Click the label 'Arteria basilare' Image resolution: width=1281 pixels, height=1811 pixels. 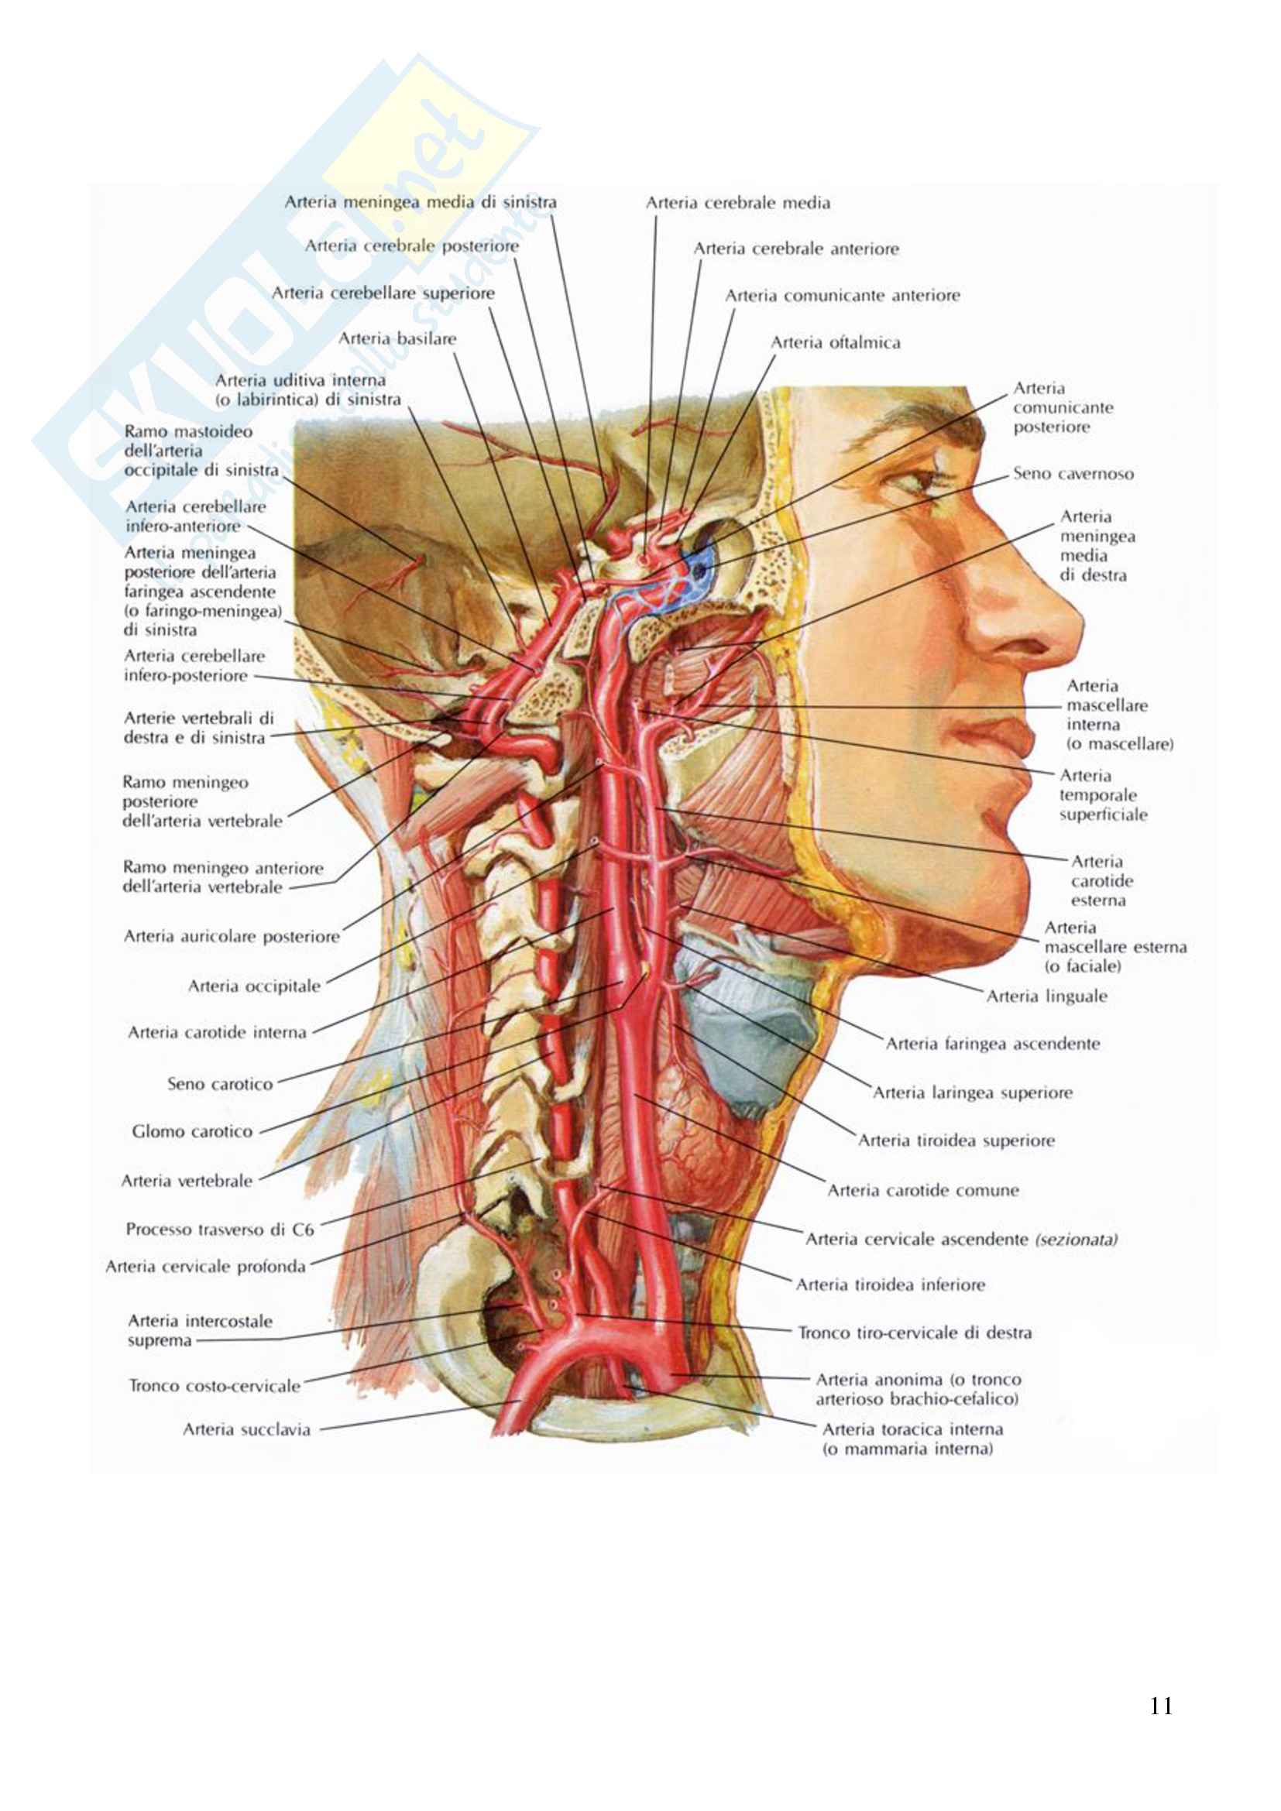[x=397, y=339]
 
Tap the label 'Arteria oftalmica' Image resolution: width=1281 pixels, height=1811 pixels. [x=835, y=343]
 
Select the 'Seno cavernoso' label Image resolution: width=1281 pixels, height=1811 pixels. [x=1073, y=474]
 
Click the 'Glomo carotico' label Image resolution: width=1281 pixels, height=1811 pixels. [x=191, y=1132]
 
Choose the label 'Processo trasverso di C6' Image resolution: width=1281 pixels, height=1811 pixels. [x=219, y=1230]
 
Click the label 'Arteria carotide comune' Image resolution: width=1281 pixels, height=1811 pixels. [x=922, y=1190]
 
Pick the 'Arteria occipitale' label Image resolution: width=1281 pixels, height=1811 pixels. [x=253, y=986]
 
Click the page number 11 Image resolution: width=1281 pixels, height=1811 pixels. [x=1160, y=1706]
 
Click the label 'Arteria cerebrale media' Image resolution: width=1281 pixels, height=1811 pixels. [x=737, y=204]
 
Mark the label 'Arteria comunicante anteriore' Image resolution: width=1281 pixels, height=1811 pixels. [x=842, y=296]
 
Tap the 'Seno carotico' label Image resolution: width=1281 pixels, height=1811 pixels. [x=219, y=1085]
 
